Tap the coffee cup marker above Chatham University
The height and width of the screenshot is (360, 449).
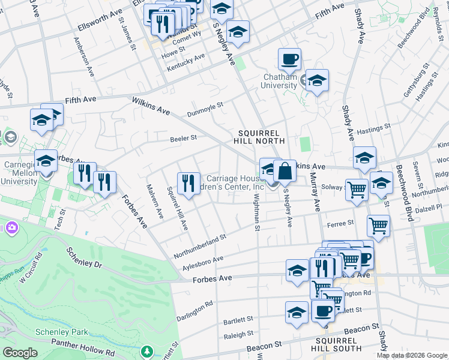[289, 60]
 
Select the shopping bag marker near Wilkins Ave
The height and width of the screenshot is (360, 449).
[285, 172]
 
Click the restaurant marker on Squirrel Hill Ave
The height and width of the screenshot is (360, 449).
[188, 184]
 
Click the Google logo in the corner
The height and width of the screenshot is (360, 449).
[20, 353]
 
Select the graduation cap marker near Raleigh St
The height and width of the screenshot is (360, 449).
[297, 313]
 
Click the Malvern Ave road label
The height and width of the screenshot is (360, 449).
[154, 200]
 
